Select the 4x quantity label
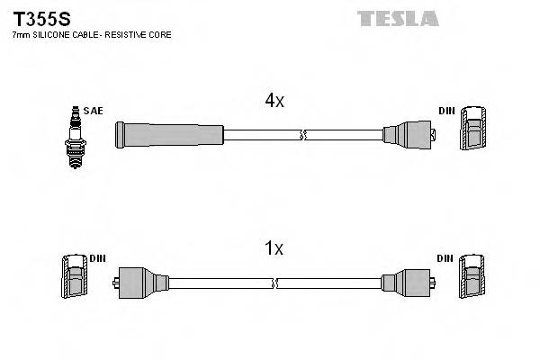pyautogui.click(x=274, y=102)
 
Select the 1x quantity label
pyautogui.click(x=274, y=248)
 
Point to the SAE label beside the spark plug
pyautogui.click(x=93, y=111)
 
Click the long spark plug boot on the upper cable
pyautogui.click(x=168, y=135)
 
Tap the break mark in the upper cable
pyautogui.click(x=303, y=135)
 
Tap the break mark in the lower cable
pyautogui.click(x=277, y=283)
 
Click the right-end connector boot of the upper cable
pyautogui.click(x=409, y=136)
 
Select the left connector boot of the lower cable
pyautogui.click(x=144, y=283)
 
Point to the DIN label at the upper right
pyautogui.click(x=446, y=111)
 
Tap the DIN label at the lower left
pyautogui.click(x=97, y=258)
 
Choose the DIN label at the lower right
pyautogui.click(x=445, y=258)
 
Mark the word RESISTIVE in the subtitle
pyautogui.click(x=123, y=34)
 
